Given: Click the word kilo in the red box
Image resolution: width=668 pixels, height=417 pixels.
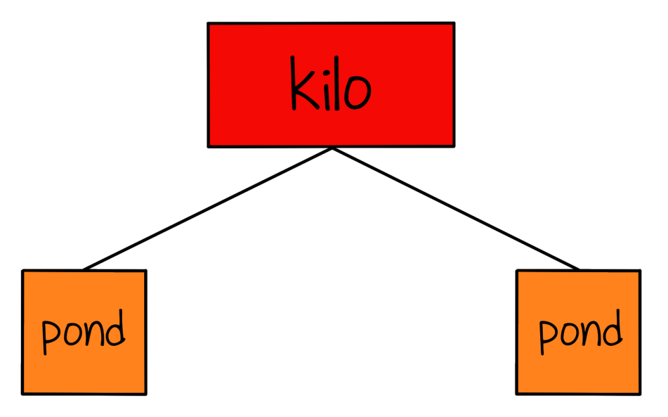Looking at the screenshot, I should [x=331, y=85].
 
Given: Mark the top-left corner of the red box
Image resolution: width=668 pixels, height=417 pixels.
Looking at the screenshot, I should [x=210, y=25].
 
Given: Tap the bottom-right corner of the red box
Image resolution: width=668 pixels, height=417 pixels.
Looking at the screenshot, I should [x=452, y=144].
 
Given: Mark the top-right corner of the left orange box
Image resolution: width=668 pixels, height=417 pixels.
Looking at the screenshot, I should [x=144, y=273].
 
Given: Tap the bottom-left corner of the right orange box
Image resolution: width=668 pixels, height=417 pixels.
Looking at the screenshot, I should [x=519, y=392].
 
